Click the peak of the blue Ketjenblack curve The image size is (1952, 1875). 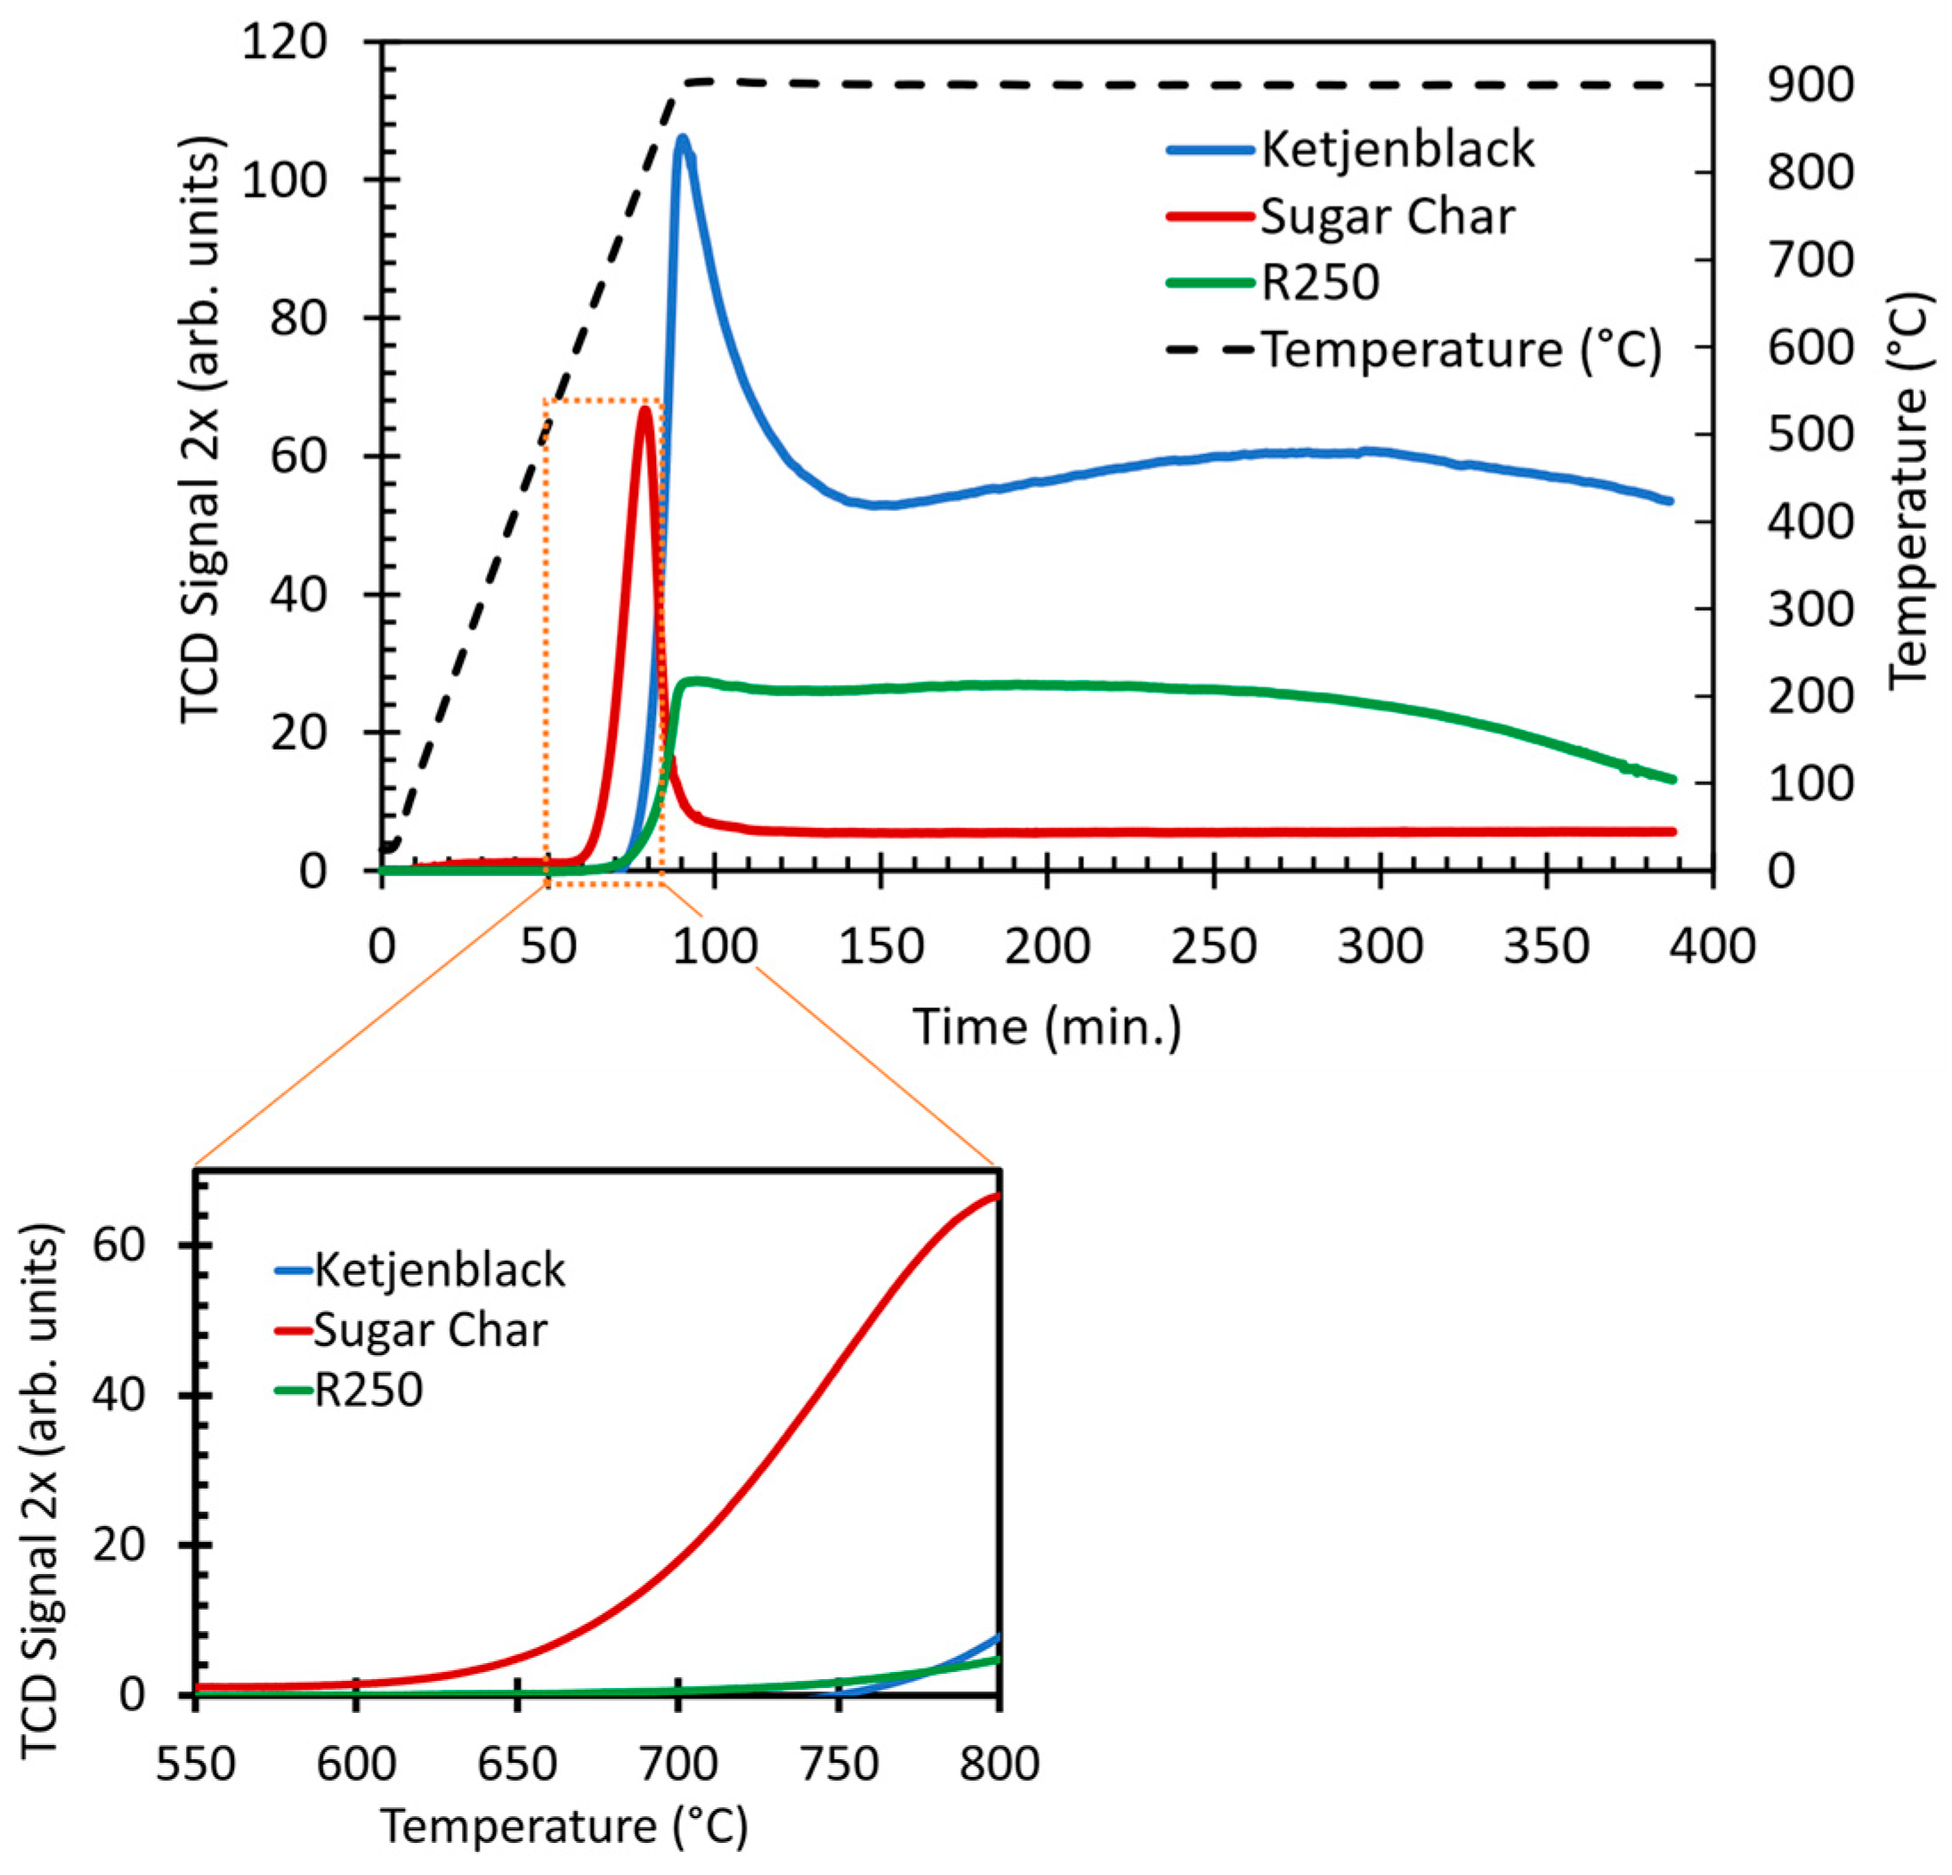tap(682, 139)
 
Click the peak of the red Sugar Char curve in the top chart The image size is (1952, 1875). tap(646, 410)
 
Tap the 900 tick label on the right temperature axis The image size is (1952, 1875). tap(1810, 85)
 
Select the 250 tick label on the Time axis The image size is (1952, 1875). tap(1213, 946)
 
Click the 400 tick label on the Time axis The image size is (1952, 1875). tap(1712, 946)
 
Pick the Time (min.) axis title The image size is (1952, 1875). tap(1047, 1027)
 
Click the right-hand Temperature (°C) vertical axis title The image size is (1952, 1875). tap(1908, 488)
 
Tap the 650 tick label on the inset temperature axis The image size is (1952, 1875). tap(517, 1764)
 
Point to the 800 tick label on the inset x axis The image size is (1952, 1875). tap(999, 1764)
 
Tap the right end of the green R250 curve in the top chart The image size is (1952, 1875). tap(1673, 779)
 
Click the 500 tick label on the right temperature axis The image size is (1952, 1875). tap(1810, 434)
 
